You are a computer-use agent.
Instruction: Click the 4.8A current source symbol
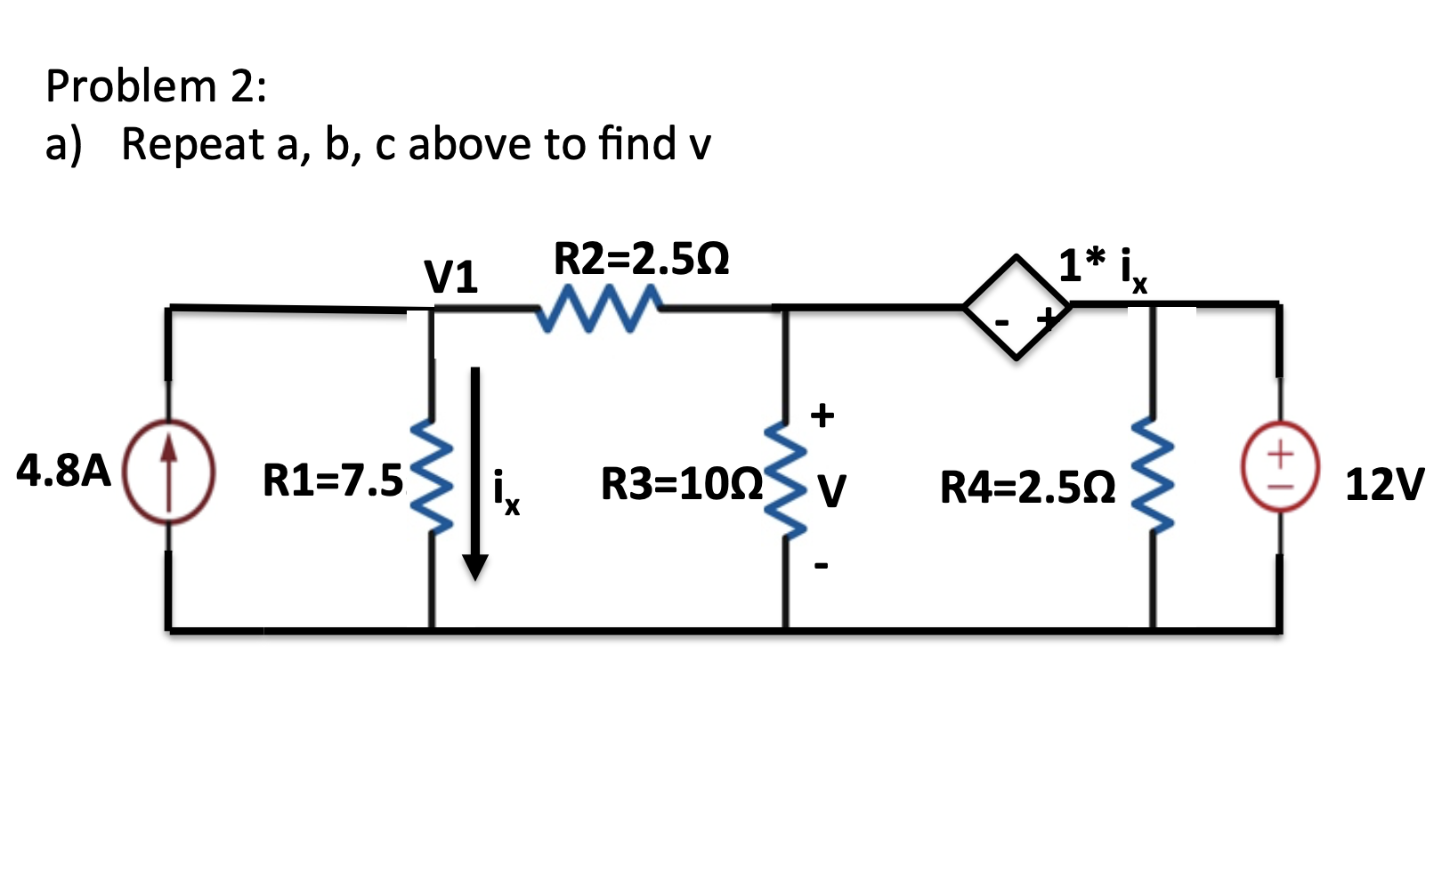point(168,472)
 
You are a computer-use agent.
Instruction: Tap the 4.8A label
point(63,470)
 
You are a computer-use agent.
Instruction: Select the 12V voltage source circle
point(1280,467)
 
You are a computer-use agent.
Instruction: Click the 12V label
point(1384,485)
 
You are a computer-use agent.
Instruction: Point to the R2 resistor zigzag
point(598,309)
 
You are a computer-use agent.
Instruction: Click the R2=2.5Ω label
point(641,260)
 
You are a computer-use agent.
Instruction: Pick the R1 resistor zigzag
point(432,476)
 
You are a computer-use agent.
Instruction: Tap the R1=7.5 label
point(333,481)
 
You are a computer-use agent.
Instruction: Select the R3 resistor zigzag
point(784,480)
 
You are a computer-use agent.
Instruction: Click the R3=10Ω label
point(682,485)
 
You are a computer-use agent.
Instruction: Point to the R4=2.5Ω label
point(1028,488)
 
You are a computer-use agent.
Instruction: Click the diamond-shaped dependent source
point(1017,308)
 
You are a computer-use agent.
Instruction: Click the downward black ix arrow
point(475,472)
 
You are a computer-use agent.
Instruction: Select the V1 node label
point(450,278)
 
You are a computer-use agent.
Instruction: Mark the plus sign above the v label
point(822,415)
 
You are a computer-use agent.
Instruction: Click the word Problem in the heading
point(131,86)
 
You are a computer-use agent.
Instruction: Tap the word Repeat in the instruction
point(192,144)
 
